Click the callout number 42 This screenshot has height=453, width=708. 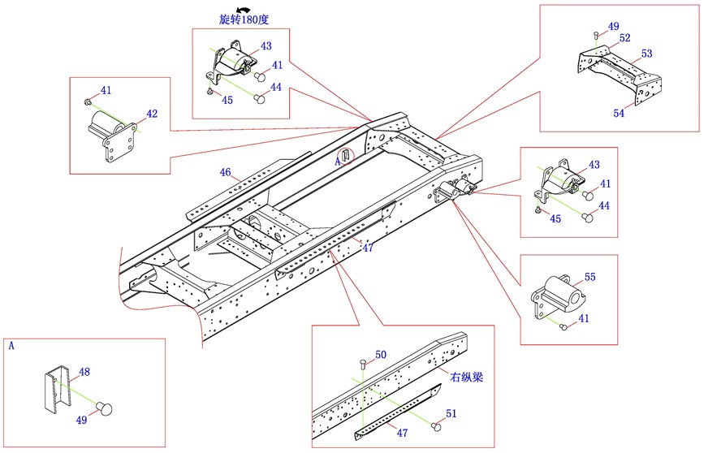point(152,114)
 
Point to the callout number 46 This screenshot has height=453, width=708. point(225,172)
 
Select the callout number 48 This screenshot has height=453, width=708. point(84,373)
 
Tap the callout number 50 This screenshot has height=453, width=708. point(381,355)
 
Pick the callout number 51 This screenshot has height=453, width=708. point(451,414)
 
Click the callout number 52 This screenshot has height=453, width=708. point(624,37)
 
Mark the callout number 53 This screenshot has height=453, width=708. point(646,54)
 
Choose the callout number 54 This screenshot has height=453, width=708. point(619,113)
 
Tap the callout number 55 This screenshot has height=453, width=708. point(589,277)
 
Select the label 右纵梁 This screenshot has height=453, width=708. point(466,377)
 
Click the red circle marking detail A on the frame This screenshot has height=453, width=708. point(347,154)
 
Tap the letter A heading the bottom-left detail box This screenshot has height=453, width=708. point(11,345)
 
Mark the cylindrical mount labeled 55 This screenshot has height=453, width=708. point(556,296)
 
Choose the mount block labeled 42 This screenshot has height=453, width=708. point(111,140)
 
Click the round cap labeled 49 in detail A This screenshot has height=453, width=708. point(103,408)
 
